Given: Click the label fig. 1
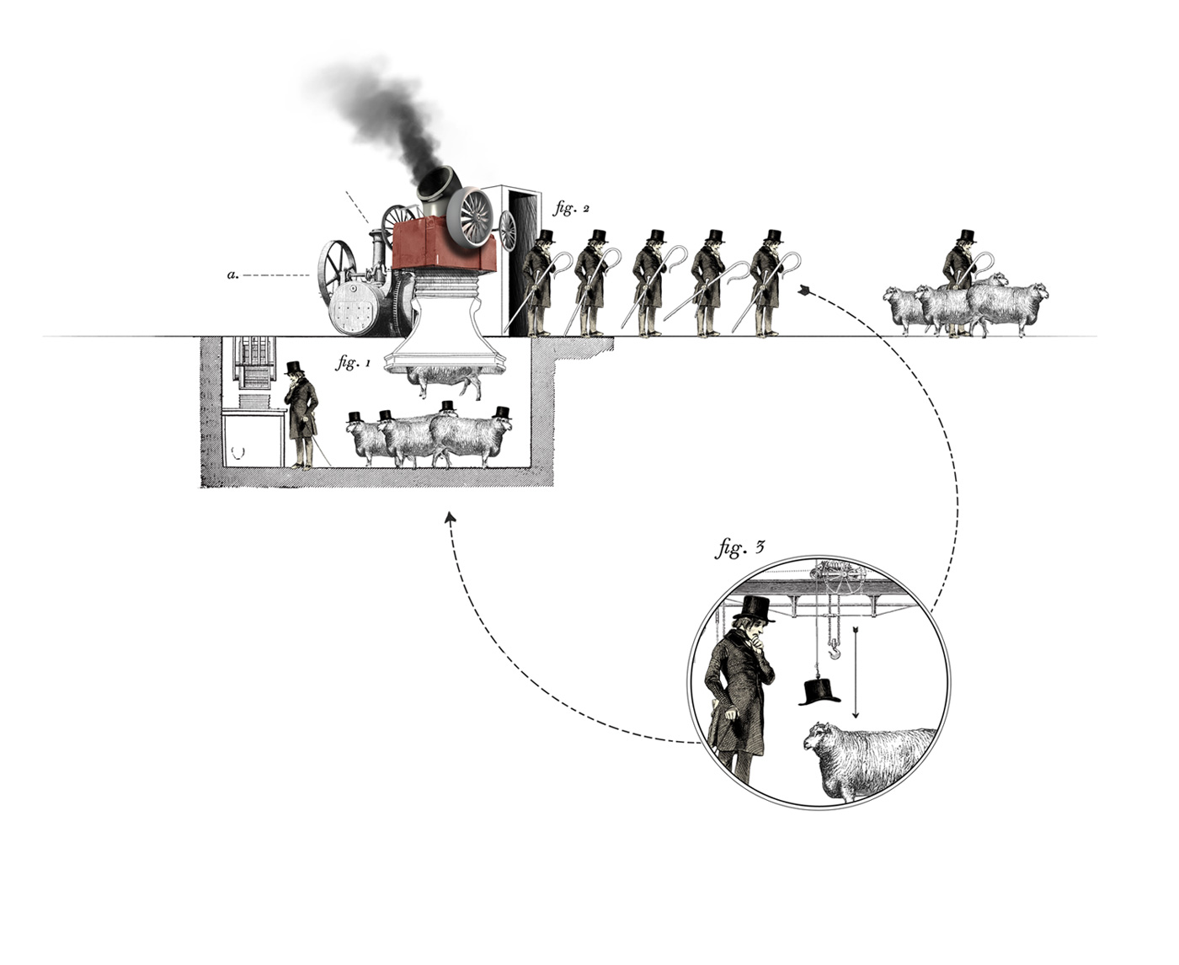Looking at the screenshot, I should (353, 364).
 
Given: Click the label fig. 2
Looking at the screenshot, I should (565, 208).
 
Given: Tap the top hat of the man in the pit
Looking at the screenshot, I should (293, 367).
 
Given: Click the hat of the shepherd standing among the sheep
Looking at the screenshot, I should (966, 236).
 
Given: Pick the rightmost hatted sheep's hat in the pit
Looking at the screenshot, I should (503, 412).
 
